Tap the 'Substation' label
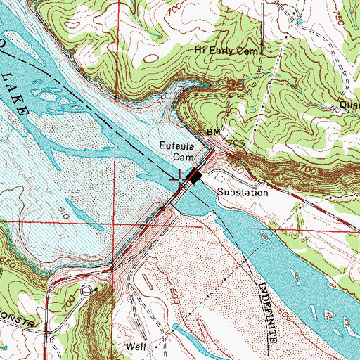(243, 192)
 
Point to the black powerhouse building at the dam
(195, 176)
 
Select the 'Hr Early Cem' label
(227, 51)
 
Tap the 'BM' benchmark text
(212, 132)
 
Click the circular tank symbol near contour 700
(87, 291)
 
